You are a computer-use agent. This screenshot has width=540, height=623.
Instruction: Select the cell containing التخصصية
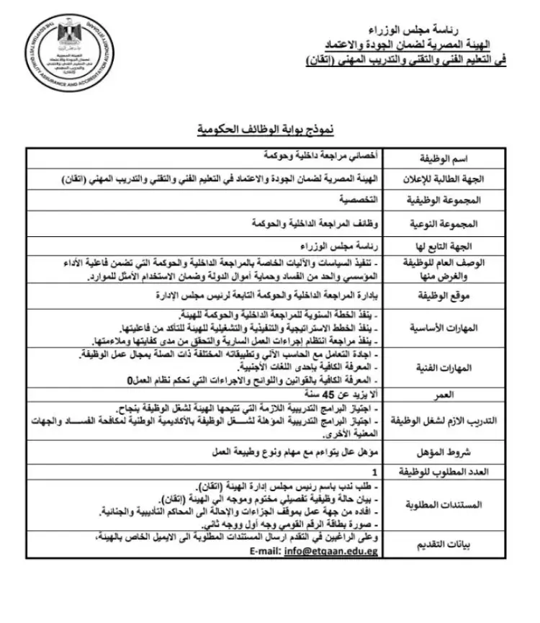coord(359,197)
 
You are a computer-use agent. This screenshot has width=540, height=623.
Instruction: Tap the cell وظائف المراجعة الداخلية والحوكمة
coord(307,223)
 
